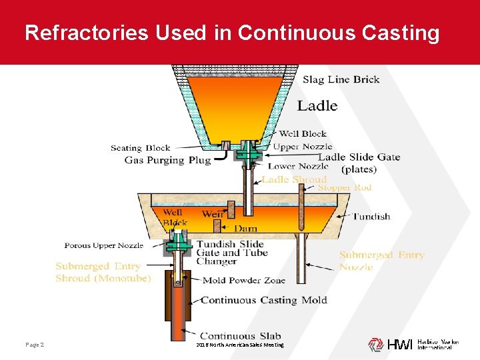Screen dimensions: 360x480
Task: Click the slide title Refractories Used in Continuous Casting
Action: pos(232,33)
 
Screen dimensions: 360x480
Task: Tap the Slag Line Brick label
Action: pos(341,80)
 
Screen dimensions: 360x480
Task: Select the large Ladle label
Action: pos(317,105)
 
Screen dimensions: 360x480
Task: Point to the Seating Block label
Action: pos(140,148)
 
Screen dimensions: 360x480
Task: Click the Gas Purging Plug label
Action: pos(167,160)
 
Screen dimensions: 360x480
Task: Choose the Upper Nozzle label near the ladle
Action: pos(303,147)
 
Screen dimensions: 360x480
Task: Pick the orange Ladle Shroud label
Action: pos(294,179)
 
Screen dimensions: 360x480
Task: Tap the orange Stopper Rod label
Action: pos(344,188)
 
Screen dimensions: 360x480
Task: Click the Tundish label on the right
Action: pos(371,217)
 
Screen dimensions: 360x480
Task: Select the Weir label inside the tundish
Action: pos(212,214)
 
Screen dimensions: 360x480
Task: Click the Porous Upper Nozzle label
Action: pos(103,246)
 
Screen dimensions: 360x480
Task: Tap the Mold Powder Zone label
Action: pos(243,281)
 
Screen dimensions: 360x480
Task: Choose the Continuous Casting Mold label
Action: pos(264,300)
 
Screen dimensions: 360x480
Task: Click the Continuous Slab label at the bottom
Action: pos(241,336)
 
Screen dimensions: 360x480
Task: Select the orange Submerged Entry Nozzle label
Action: pos(381,261)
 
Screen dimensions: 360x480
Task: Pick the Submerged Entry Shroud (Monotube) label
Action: pos(103,272)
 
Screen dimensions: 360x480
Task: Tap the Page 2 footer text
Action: pos(35,345)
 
